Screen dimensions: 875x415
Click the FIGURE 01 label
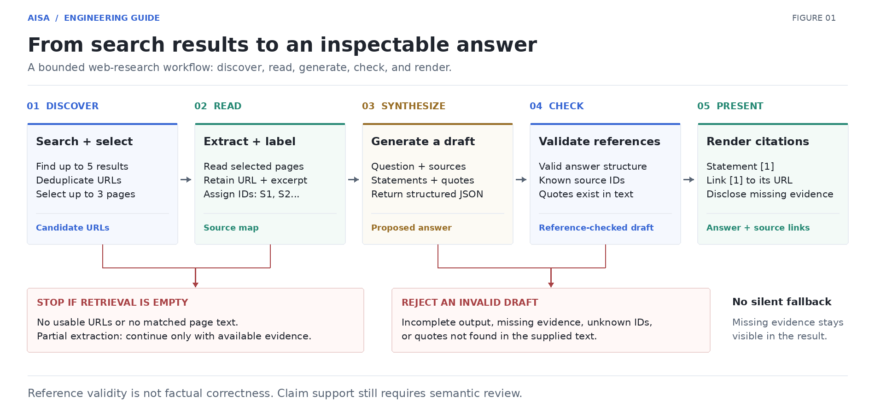814,18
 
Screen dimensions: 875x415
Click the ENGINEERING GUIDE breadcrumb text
112,18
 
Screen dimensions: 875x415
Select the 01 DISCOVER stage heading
63,106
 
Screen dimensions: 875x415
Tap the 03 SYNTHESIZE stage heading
403,106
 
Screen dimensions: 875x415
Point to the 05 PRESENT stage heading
730,106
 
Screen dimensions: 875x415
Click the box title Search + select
84,142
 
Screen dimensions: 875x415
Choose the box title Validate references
600,142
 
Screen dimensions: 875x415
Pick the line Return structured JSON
427,194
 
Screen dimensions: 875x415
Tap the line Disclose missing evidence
770,194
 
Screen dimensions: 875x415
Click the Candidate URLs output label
73,228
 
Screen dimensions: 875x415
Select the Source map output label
231,228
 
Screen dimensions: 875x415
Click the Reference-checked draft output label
596,228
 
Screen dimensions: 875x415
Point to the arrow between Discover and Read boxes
186,179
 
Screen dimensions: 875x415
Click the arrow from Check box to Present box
689,179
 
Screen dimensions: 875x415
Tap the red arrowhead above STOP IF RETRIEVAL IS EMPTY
196,285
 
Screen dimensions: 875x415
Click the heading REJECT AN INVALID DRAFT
470,302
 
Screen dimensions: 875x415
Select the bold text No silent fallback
782,302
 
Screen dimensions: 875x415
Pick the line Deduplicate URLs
79,180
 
